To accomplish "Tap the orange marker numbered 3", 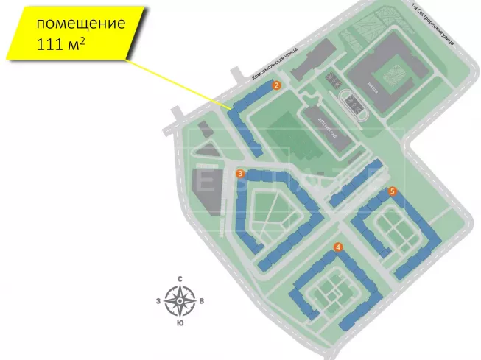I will pyautogui.click(x=240, y=174).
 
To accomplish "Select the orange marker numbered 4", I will pyautogui.click(x=337, y=247).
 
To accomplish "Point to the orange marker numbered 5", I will pyautogui.click(x=393, y=191).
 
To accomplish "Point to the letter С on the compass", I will pyautogui.click(x=180, y=278).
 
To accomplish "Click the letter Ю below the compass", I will pyautogui.click(x=180, y=323).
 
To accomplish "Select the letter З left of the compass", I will pyautogui.click(x=158, y=301).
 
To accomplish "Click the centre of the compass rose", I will pyautogui.click(x=180, y=301).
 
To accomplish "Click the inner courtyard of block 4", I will pyautogui.click(x=329, y=289).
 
